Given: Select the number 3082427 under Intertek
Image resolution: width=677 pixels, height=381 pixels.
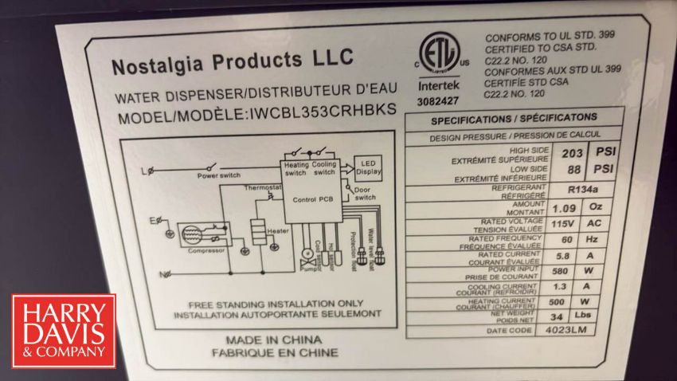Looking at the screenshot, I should pos(437,101).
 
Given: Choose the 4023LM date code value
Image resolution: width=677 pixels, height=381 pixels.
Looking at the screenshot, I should pos(572,330).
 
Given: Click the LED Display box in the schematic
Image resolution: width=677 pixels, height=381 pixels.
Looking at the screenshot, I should pos(368,167).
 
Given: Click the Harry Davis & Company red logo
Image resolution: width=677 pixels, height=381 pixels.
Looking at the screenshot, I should pos(64,331).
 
